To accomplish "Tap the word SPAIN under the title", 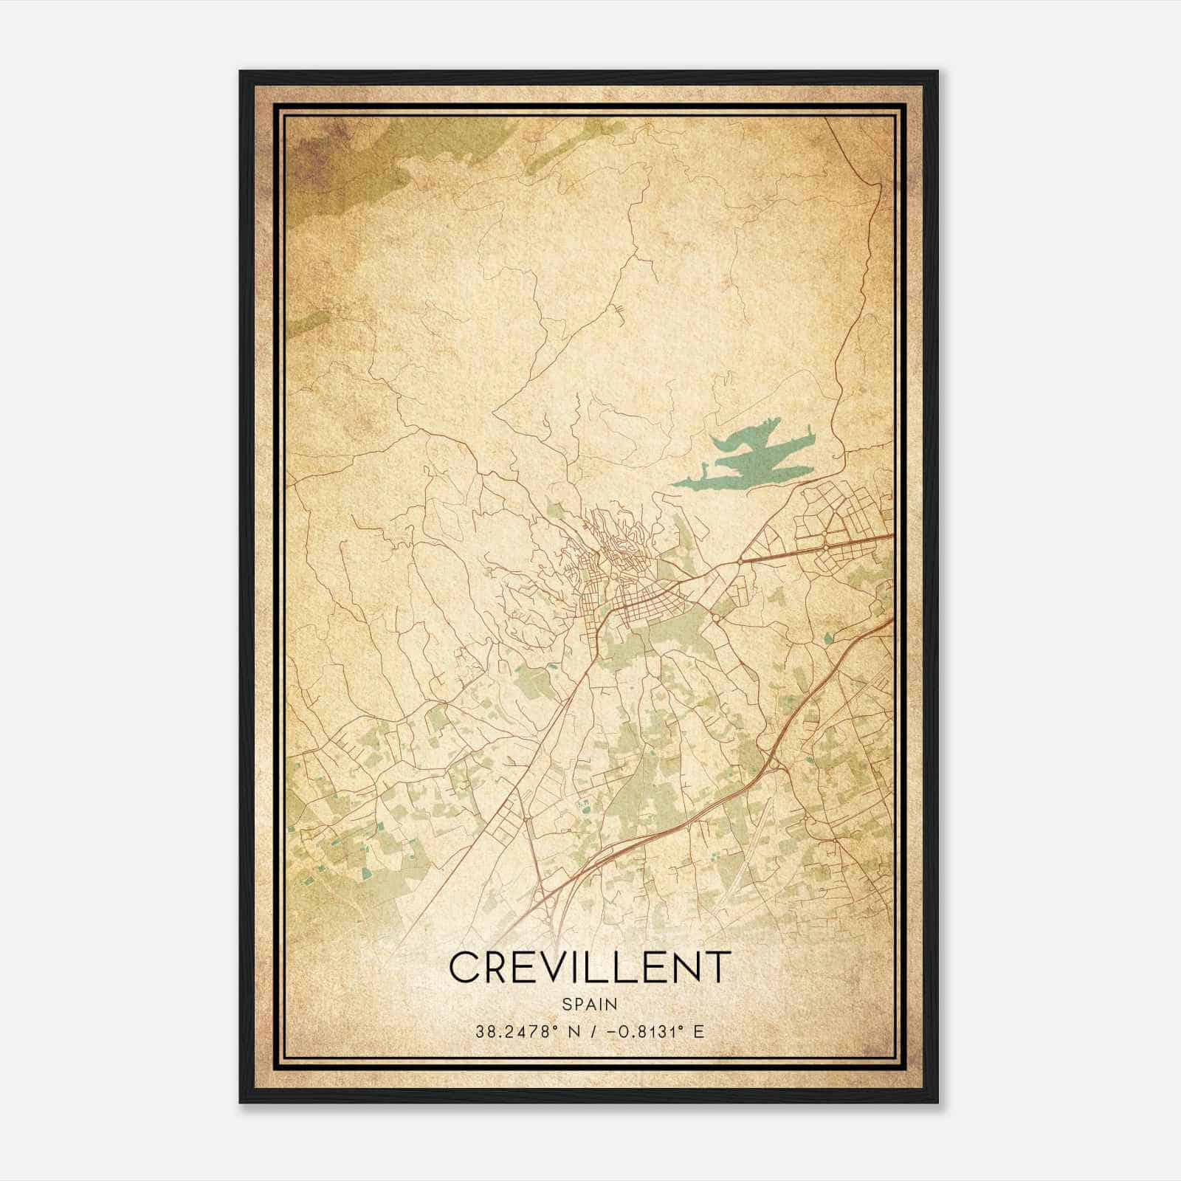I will [x=589, y=1004].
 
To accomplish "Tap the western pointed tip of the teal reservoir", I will [x=672, y=485].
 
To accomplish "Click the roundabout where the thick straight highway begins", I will [x=740, y=562].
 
